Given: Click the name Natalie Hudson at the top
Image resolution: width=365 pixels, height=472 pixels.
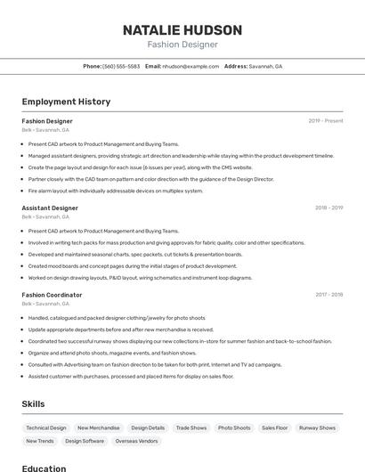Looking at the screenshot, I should coord(182,29).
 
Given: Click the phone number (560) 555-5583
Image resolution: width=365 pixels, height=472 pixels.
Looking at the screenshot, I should coord(121,67).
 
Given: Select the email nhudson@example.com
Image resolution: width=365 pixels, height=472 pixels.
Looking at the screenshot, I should coord(191,67).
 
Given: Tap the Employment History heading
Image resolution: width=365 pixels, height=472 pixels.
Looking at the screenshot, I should coord(66,102).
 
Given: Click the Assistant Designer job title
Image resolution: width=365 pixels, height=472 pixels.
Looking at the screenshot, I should coord(50,208).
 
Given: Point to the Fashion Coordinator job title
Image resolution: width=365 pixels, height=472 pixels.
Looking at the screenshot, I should coord(52,295).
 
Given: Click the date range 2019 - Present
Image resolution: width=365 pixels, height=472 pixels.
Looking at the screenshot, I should coord(326,121).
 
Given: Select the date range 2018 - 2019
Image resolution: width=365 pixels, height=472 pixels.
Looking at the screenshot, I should coord(328,208).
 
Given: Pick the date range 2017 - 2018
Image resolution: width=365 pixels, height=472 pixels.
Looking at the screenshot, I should coord(328,295).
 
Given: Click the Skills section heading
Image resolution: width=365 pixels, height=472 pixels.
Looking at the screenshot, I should coord(33,403).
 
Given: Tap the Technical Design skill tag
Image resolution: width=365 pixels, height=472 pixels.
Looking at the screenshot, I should coord(46,427).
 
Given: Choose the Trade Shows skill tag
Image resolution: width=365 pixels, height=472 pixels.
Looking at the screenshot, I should coord(191,427).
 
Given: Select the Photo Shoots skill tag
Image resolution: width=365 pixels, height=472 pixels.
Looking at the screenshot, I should coord(234,427).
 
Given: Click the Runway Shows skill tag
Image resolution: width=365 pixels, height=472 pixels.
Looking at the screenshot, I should coord(318,427).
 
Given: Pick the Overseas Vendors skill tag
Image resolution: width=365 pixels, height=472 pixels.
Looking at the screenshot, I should coord(136,441).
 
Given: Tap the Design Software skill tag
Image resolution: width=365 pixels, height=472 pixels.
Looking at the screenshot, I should coord(85,441).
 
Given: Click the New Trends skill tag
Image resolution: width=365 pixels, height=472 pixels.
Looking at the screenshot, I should coord(40,441).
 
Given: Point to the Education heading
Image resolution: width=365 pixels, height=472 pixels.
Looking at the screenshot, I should coord(44,468).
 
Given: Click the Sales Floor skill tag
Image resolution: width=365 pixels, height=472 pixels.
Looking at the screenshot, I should coord(275,427).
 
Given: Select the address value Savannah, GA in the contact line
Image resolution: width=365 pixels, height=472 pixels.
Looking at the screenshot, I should coord(265,67).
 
